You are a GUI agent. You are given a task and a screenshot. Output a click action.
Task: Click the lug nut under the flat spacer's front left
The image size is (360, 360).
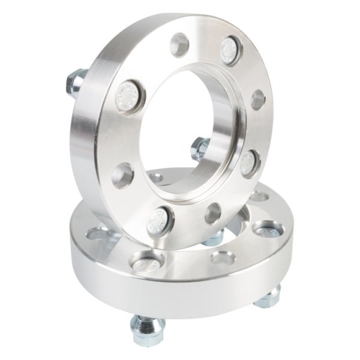point(143,329)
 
